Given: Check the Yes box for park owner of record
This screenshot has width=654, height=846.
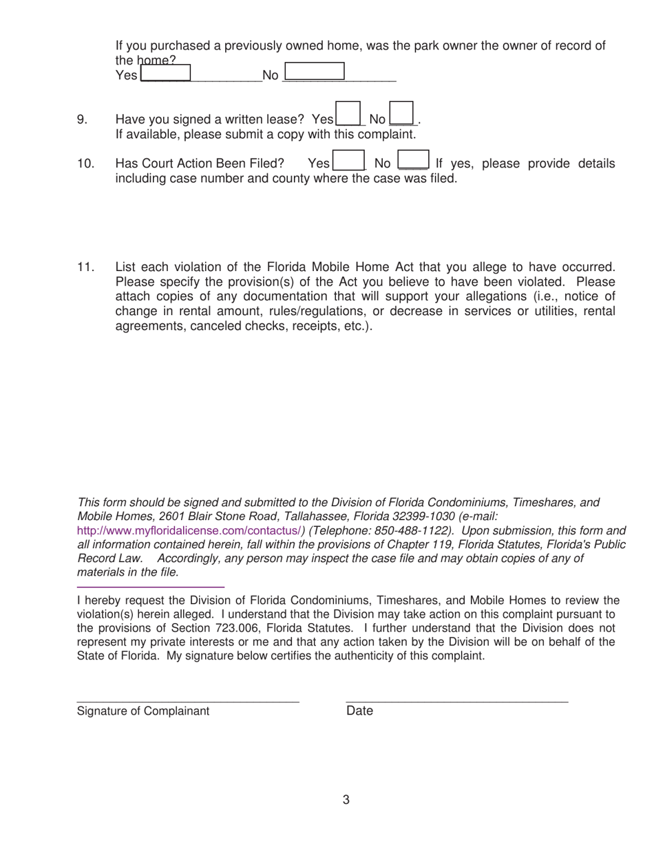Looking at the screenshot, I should point(165,72).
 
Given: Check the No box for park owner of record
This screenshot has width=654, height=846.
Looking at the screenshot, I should point(314,72).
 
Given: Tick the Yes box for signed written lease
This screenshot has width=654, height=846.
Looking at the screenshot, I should point(348,113).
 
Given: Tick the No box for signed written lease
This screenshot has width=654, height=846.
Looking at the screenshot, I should point(401,113).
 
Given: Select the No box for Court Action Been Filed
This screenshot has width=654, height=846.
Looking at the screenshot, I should point(414,160).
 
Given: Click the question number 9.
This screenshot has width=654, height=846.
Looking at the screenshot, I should point(82,120).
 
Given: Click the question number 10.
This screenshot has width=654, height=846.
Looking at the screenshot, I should point(85,164).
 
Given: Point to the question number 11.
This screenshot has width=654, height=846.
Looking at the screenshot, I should point(85,267).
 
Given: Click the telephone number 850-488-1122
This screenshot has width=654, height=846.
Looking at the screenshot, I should point(414,530).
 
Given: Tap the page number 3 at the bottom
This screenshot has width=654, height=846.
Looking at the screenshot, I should point(346,799).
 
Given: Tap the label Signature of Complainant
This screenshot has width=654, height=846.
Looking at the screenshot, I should point(143,711).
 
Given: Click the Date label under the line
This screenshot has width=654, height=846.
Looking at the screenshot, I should point(359,711).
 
